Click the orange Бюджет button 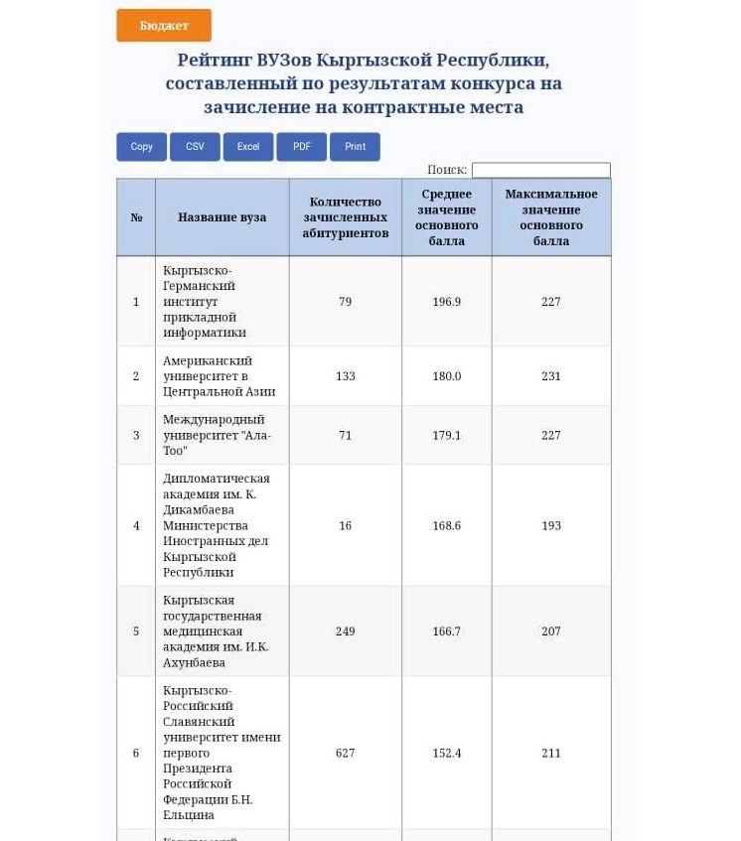(164, 26)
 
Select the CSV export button (195, 147)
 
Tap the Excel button (248, 147)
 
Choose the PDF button (302, 147)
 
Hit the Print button (355, 147)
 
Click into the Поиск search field (540, 170)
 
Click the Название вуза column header (222, 217)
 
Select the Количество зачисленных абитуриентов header (345, 217)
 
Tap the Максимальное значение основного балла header (551, 217)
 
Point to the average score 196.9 (447, 302)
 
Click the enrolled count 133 (345, 376)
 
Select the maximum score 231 (551, 376)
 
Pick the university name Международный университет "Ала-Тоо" (217, 435)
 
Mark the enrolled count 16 (345, 525)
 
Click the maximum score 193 (551, 525)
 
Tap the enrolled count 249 (345, 631)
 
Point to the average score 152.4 (447, 754)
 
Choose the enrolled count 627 (345, 754)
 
